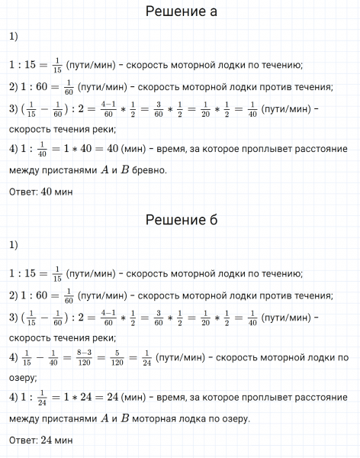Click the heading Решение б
tap(181, 221)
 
